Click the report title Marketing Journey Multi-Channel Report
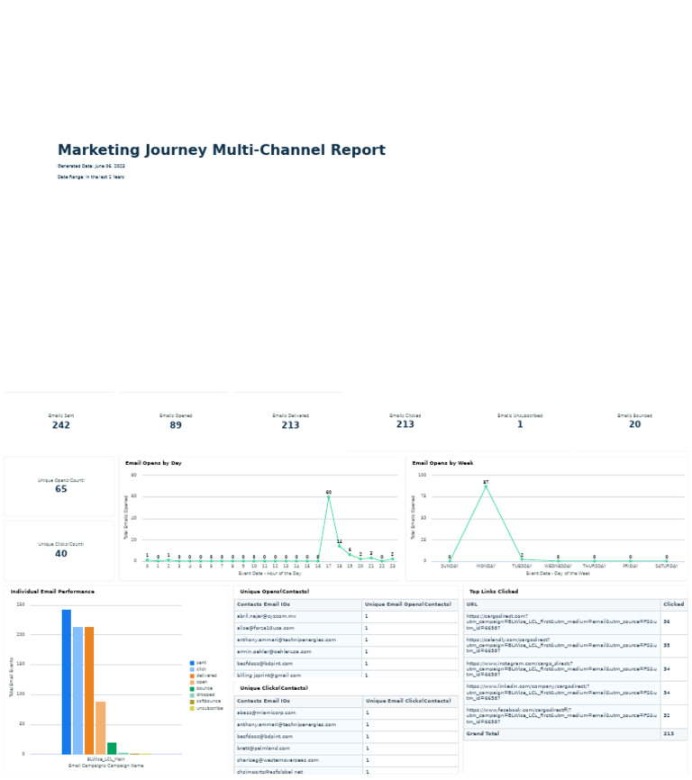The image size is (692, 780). point(221,150)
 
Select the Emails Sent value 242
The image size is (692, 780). point(60,425)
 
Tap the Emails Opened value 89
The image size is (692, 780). point(175,425)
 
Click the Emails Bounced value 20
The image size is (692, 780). point(634,424)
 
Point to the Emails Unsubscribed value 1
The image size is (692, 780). point(520,424)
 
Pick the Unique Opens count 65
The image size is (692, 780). point(60,489)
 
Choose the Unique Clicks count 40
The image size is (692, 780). point(60,554)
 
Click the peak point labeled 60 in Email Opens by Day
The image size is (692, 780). point(328,497)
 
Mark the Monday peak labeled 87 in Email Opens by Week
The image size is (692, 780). point(486,487)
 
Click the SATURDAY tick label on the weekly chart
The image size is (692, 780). point(666,566)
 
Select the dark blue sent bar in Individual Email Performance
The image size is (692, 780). point(67,682)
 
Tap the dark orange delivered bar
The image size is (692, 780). point(89,690)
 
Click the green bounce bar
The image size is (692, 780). point(112,748)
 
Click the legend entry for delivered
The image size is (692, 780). point(205,676)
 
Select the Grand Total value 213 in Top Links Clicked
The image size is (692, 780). point(667,734)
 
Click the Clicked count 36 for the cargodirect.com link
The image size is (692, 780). point(666,621)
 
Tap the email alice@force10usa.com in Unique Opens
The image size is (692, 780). point(268,628)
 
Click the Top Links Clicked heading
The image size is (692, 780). point(493,592)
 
